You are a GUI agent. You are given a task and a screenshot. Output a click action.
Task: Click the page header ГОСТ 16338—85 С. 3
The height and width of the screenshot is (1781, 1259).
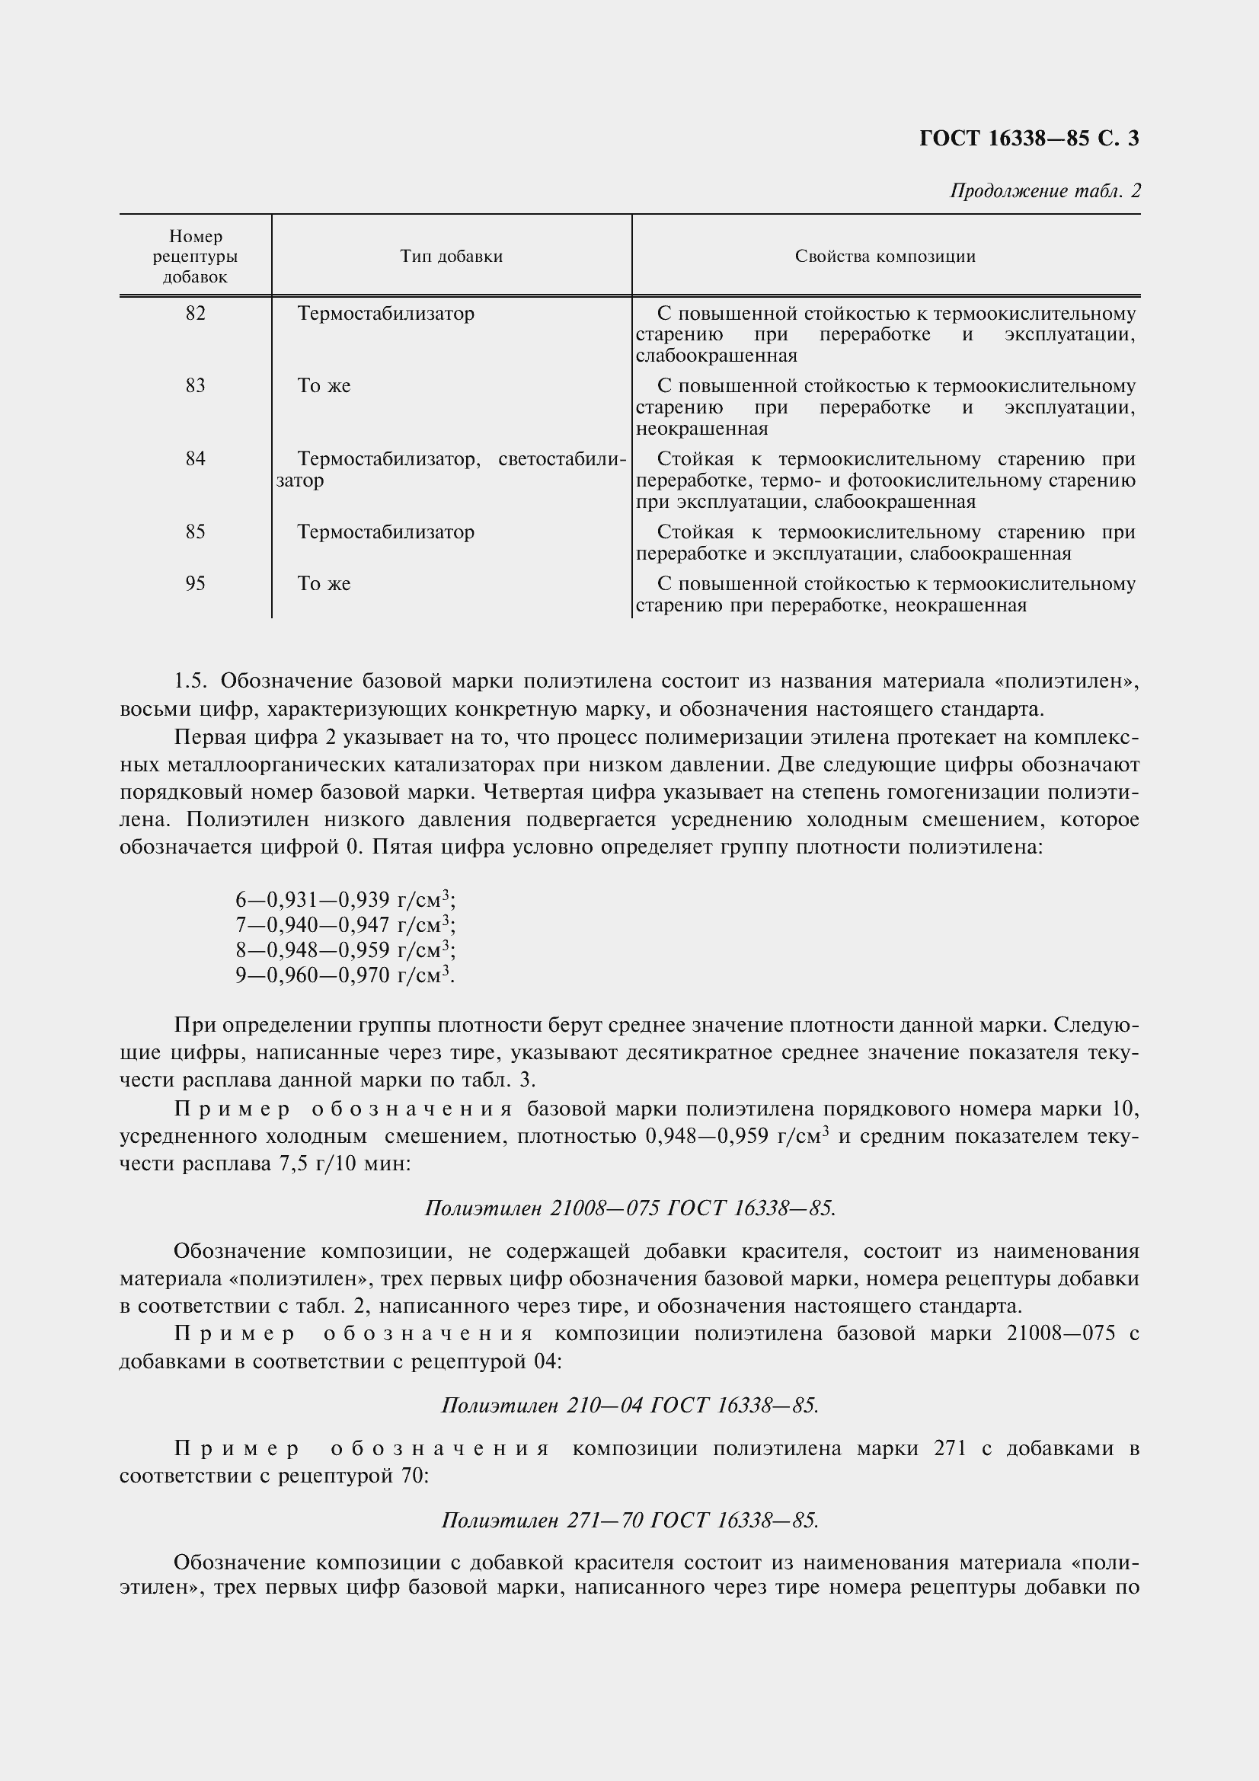pos(1029,138)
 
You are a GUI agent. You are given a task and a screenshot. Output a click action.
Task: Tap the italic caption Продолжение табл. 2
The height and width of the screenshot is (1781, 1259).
pos(1045,191)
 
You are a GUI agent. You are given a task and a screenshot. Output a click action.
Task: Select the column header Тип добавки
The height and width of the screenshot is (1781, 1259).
pos(451,257)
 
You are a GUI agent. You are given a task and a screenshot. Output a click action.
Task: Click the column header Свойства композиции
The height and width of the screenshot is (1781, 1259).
pos(885,257)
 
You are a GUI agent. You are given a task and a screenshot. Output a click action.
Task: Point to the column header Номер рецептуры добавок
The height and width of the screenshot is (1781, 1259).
pos(196,257)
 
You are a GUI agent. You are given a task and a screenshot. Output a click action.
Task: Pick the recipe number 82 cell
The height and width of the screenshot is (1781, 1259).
pos(196,314)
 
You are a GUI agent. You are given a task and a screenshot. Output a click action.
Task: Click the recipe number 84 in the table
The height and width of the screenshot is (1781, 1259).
pos(196,459)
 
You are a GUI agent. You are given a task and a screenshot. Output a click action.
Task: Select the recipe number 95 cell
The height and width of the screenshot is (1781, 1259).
pos(196,583)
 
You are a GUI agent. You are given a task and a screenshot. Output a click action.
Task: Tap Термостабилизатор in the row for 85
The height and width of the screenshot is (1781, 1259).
pos(385,532)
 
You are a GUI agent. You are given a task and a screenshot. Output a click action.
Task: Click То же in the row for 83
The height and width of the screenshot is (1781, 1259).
pos(324,386)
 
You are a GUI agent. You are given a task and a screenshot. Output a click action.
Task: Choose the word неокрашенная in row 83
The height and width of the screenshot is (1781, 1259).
pos(702,429)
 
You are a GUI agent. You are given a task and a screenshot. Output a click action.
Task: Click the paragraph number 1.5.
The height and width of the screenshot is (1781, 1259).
pos(191,681)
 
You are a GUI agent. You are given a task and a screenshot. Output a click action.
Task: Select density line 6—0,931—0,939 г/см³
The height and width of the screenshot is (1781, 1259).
pos(345,900)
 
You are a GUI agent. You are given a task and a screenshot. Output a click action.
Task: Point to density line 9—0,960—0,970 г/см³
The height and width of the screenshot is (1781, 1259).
pos(345,975)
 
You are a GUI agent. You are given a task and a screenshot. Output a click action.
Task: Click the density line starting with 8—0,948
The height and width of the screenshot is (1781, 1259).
pos(345,950)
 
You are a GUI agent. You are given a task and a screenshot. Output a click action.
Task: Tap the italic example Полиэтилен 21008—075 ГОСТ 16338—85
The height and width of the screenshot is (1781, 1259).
pos(630,1208)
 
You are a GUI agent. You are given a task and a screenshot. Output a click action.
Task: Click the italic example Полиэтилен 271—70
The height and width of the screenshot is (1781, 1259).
pos(630,1521)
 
